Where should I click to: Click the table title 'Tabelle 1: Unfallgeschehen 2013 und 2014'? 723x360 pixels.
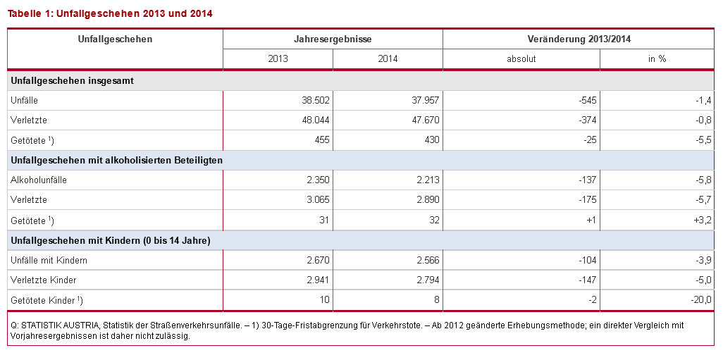[110, 13]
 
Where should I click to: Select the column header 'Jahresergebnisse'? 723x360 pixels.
[333, 39]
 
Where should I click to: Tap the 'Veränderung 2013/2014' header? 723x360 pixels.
[579, 39]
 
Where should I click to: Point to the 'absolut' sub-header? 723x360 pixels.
[521, 59]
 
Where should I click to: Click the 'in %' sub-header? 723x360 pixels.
[657, 59]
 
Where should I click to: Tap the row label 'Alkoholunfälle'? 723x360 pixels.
[39, 180]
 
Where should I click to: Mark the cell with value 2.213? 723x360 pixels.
[425, 180]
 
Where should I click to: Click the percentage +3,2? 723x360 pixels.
[703, 221]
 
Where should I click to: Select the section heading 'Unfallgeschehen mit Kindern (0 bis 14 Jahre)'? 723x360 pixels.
[111, 241]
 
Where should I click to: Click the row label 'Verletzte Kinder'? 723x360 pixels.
[44, 280]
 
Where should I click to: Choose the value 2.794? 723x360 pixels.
[425, 280]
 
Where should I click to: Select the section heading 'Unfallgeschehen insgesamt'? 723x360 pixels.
[73, 80]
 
